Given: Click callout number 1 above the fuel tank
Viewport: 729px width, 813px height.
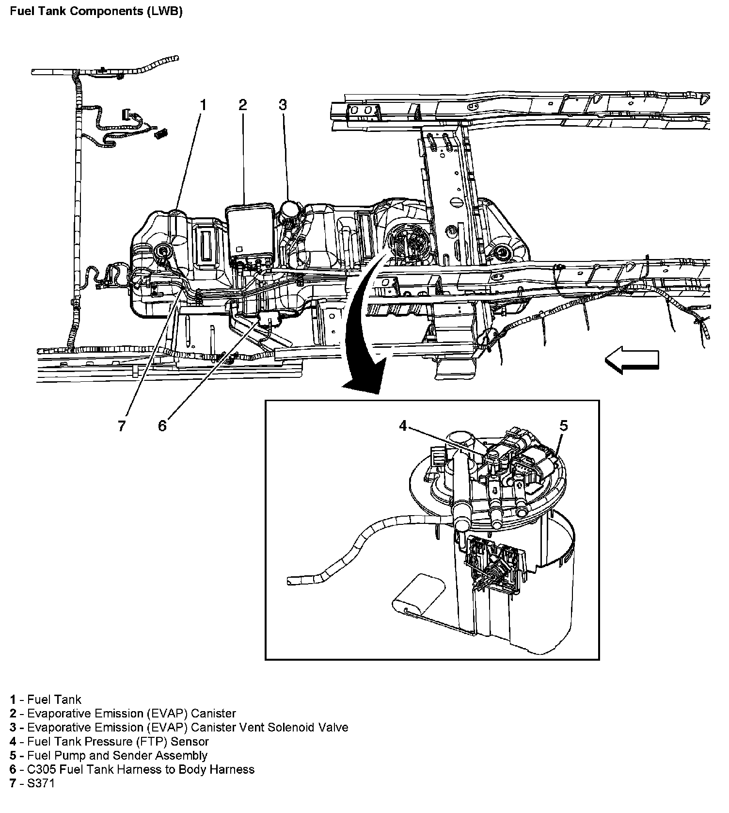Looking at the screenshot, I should click(204, 105).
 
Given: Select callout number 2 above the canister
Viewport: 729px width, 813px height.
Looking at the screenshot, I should click(243, 105).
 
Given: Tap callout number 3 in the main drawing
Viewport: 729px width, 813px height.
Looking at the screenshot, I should click(283, 105).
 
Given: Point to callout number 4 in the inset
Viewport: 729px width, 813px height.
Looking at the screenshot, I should click(403, 425).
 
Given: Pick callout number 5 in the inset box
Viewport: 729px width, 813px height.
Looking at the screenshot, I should click(563, 425).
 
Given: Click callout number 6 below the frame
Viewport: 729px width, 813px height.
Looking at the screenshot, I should click(162, 425).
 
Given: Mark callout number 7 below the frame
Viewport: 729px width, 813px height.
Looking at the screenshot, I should click(122, 425).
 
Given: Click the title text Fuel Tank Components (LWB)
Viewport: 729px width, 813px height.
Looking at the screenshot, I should click(96, 12).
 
